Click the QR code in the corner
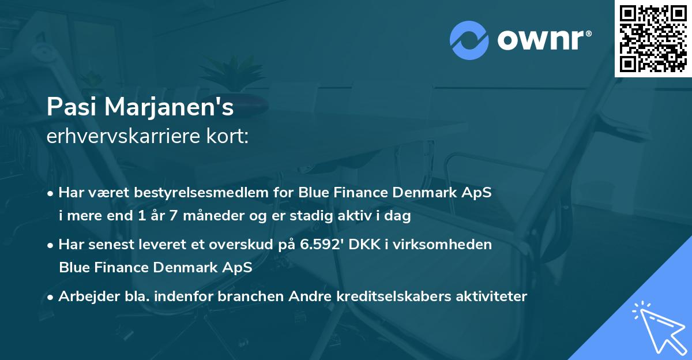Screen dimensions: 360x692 [653, 38]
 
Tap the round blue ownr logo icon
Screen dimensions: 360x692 [470, 40]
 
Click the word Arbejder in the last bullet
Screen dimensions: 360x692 [84, 297]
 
